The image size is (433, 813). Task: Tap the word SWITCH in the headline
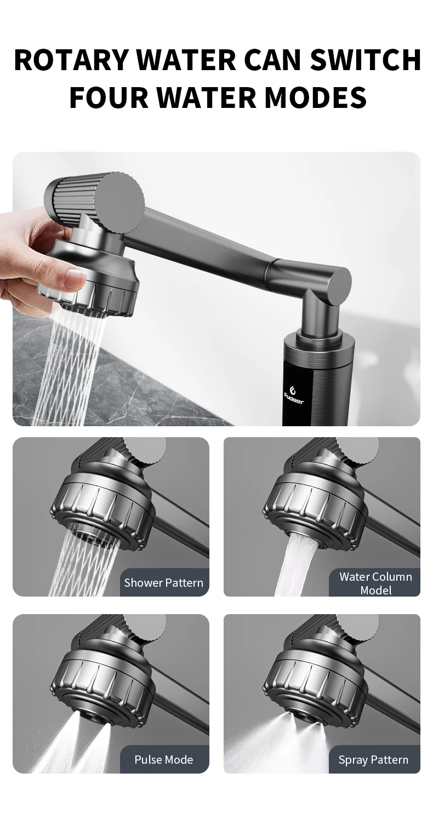click(366, 60)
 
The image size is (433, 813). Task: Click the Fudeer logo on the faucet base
click(294, 395)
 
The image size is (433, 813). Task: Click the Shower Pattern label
click(164, 582)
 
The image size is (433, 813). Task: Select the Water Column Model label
click(375, 583)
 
